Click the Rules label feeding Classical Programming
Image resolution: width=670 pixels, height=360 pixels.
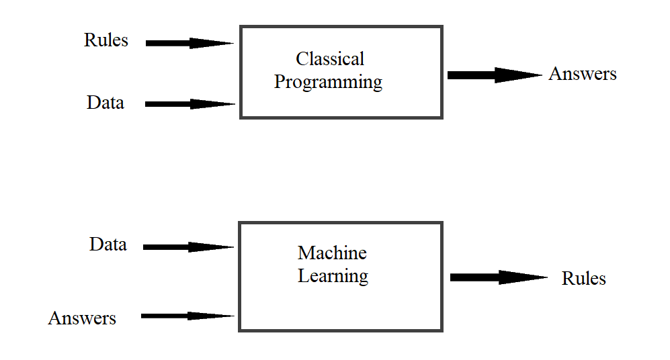(x=106, y=40)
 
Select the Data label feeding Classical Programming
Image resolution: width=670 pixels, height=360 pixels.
(x=106, y=103)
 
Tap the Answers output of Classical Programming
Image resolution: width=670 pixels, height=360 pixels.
(x=583, y=74)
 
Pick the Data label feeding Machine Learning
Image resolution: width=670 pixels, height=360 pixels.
(x=108, y=244)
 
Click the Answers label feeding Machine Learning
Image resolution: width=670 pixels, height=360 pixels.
(x=82, y=318)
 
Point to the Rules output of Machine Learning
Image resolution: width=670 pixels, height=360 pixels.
(x=583, y=278)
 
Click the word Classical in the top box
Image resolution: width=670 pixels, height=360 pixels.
(x=330, y=59)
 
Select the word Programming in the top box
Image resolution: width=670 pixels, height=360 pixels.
(x=329, y=83)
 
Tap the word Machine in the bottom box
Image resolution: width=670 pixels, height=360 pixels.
(x=332, y=253)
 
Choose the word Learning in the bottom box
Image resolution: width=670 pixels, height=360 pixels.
(x=333, y=276)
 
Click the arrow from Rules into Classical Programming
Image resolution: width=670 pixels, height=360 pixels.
(x=189, y=43)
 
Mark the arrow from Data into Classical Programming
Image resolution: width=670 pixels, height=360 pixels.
(x=190, y=104)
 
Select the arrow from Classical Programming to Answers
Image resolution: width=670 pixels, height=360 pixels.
(x=494, y=75)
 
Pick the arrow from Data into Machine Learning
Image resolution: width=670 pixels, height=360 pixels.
(x=188, y=247)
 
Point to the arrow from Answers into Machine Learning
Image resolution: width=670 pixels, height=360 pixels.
(x=187, y=316)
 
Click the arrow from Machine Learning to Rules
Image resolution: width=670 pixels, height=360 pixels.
(x=498, y=277)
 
